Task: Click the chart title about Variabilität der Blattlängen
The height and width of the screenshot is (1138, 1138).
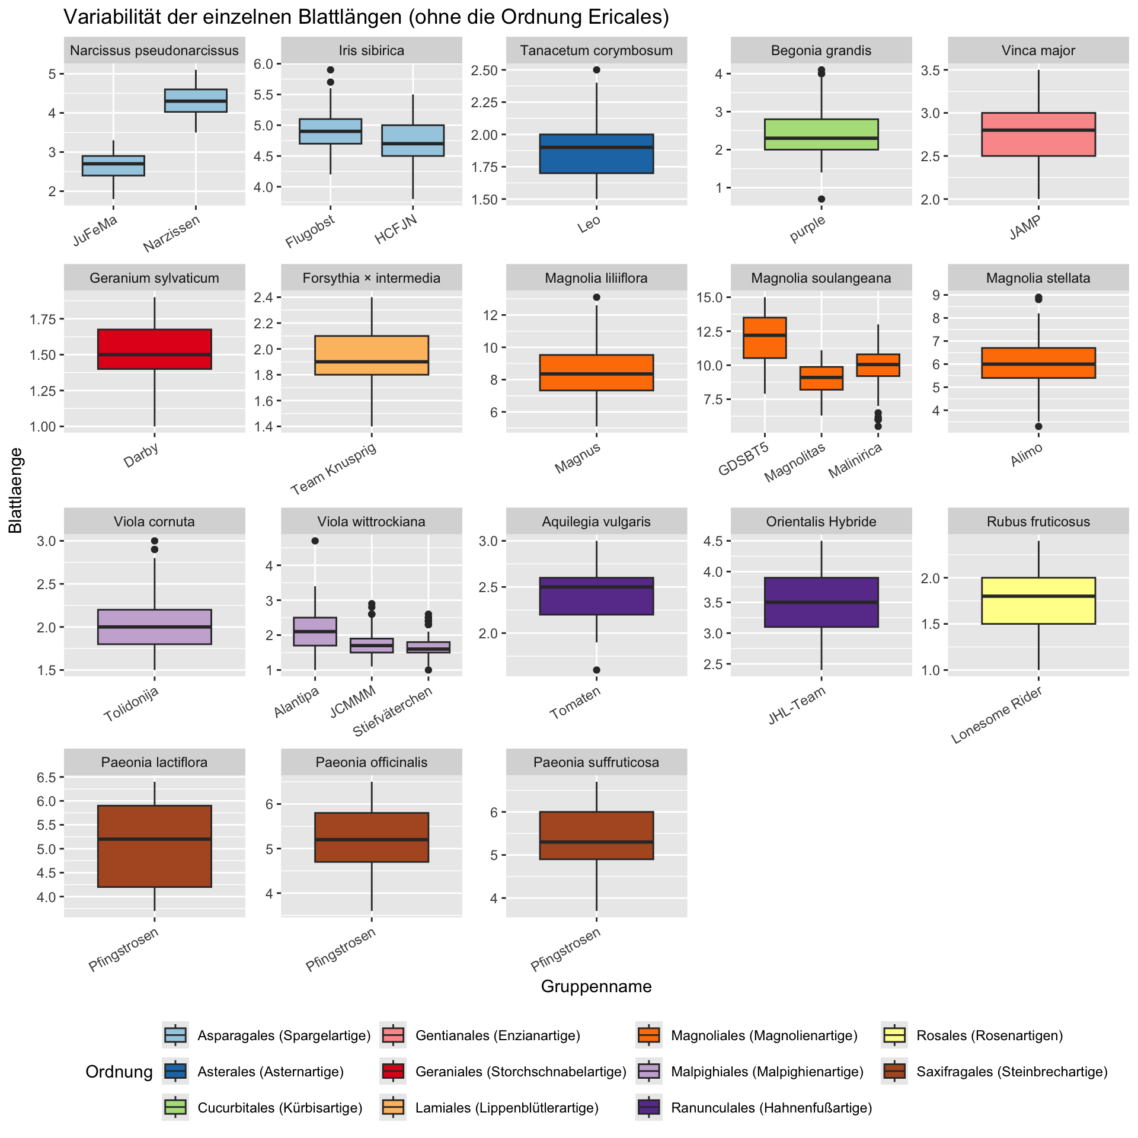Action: (x=366, y=17)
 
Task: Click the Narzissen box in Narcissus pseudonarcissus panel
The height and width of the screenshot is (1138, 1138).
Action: (x=196, y=100)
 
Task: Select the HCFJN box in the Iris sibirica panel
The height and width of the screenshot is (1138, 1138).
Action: (x=413, y=140)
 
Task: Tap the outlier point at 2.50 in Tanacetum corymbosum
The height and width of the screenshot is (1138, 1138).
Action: (x=596, y=70)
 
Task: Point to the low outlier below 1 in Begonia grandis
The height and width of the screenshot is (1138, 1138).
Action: (x=821, y=199)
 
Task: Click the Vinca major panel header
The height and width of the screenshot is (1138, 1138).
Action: (x=1038, y=50)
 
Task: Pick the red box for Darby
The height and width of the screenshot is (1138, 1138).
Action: (x=154, y=349)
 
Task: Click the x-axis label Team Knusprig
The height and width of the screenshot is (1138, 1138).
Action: (x=334, y=468)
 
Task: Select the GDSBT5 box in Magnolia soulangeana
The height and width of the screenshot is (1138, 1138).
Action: (x=765, y=338)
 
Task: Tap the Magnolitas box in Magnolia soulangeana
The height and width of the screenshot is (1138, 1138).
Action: (x=821, y=378)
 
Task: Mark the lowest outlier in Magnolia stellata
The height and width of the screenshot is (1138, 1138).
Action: (x=1038, y=426)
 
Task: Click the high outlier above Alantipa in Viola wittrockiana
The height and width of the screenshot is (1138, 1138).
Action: (x=315, y=541)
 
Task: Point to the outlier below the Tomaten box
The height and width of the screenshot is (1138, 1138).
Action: (x=596, y=670)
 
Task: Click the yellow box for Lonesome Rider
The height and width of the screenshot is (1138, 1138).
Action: (x=1038, y=600)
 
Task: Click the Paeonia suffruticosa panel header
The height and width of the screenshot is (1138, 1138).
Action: (x=596, y=762)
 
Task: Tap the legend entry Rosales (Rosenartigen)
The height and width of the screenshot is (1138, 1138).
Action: (x=989, y=1035)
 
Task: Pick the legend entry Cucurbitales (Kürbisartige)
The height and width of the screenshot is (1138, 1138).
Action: (x=279, y=1108)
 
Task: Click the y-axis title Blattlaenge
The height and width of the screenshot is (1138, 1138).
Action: (x=16, y=490)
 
